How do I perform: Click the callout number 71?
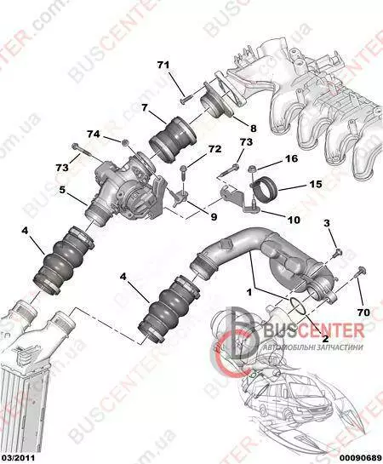[x=163, y=65]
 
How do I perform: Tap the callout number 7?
[x=144, y=107]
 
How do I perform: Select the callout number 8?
[x=253, y=129]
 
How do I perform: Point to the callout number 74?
[x=93, y=134]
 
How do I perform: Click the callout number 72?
[x=215, y=149]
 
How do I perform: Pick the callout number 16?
[x=292, y=158]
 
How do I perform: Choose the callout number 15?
[x=316, y=184]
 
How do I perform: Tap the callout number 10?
[x=294, y=220]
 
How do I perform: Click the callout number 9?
[x=214, y=216]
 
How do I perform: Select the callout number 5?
[x=62, y=190]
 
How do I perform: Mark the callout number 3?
[x=327, y=223]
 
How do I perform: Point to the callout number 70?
[x=363, y=312]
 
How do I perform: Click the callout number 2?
[x=326, y=339]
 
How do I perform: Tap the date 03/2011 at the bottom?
[x=18, y=458]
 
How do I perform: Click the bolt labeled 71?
[x=186, y=99]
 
